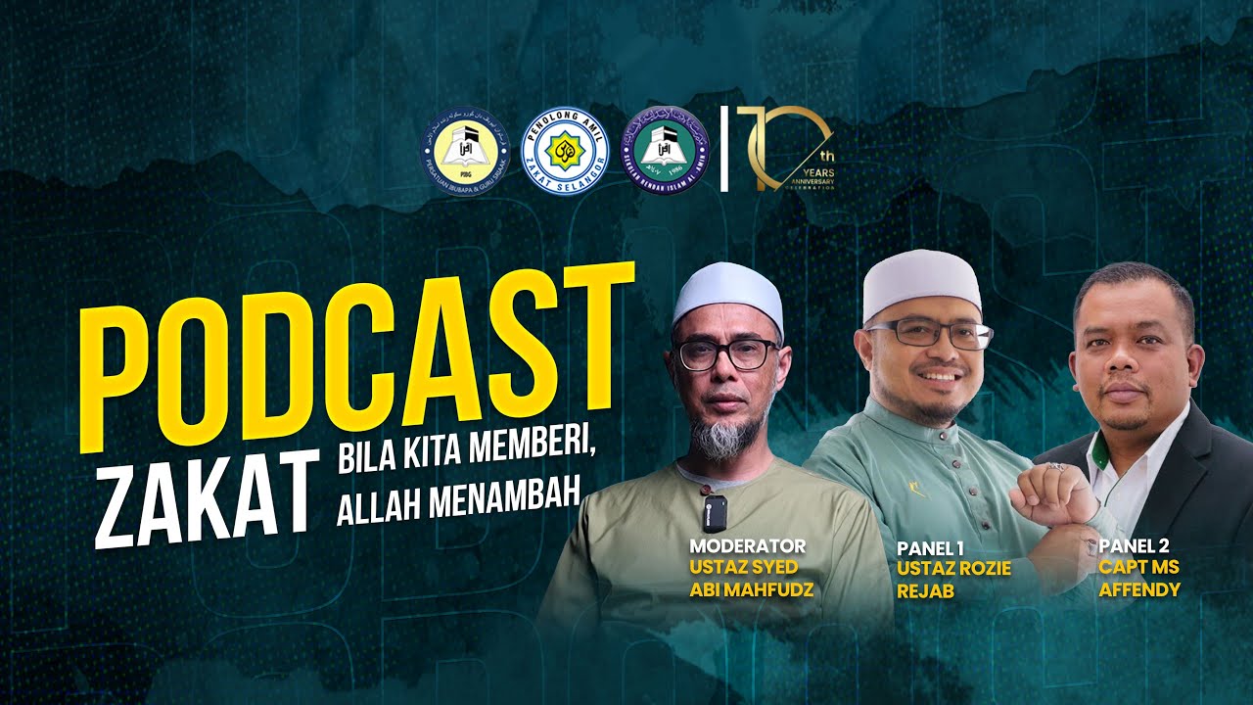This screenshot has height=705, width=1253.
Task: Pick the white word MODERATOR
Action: pos(747,546)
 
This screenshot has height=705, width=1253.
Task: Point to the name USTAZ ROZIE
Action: pos(953,569)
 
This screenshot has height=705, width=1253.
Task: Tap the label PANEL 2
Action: pos(1135,546)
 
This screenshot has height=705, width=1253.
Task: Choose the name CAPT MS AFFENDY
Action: pos(1138,579)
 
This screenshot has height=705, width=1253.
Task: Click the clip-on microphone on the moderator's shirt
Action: pos(717,509)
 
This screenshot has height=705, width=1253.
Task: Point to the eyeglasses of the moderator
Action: pos(725,353)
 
